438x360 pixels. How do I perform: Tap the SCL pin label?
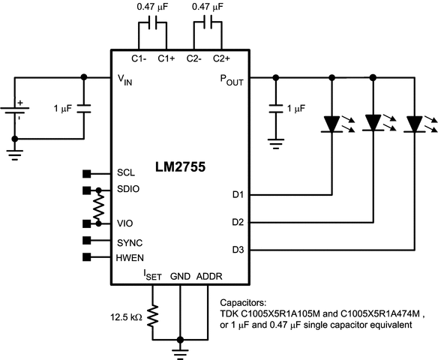pos(125,172)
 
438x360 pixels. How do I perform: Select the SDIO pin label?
pos(128,189)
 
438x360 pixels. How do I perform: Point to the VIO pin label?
pos(125,223)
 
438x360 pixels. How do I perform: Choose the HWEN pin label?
pos(130,258)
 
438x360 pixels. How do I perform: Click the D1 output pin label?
pos(239,196)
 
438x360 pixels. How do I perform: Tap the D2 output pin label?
pos(239,223)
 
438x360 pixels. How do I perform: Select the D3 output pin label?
pos(239,249)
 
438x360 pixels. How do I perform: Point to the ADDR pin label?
pos(209,276)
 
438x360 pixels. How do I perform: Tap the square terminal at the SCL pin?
pos(86,172)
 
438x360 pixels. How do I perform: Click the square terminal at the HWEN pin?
pos(86,259)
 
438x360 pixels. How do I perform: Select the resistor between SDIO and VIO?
pos(98,206)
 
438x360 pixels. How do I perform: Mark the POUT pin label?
pos(232,78)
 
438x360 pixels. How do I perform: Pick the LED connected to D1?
pos(331,123)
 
